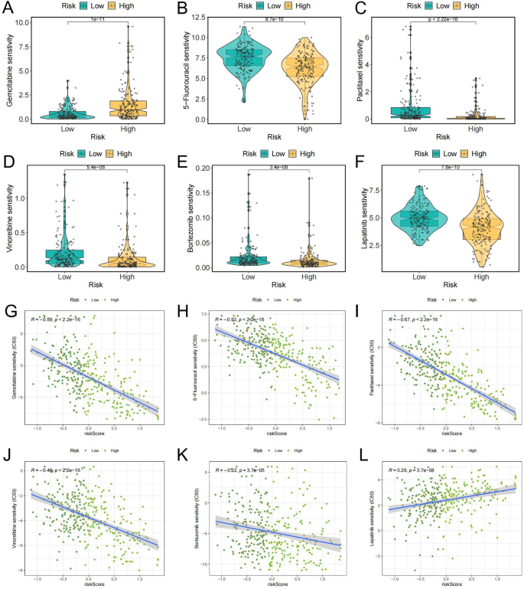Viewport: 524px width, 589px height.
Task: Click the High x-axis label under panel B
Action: pyautogui.click(x=305, y=129)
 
